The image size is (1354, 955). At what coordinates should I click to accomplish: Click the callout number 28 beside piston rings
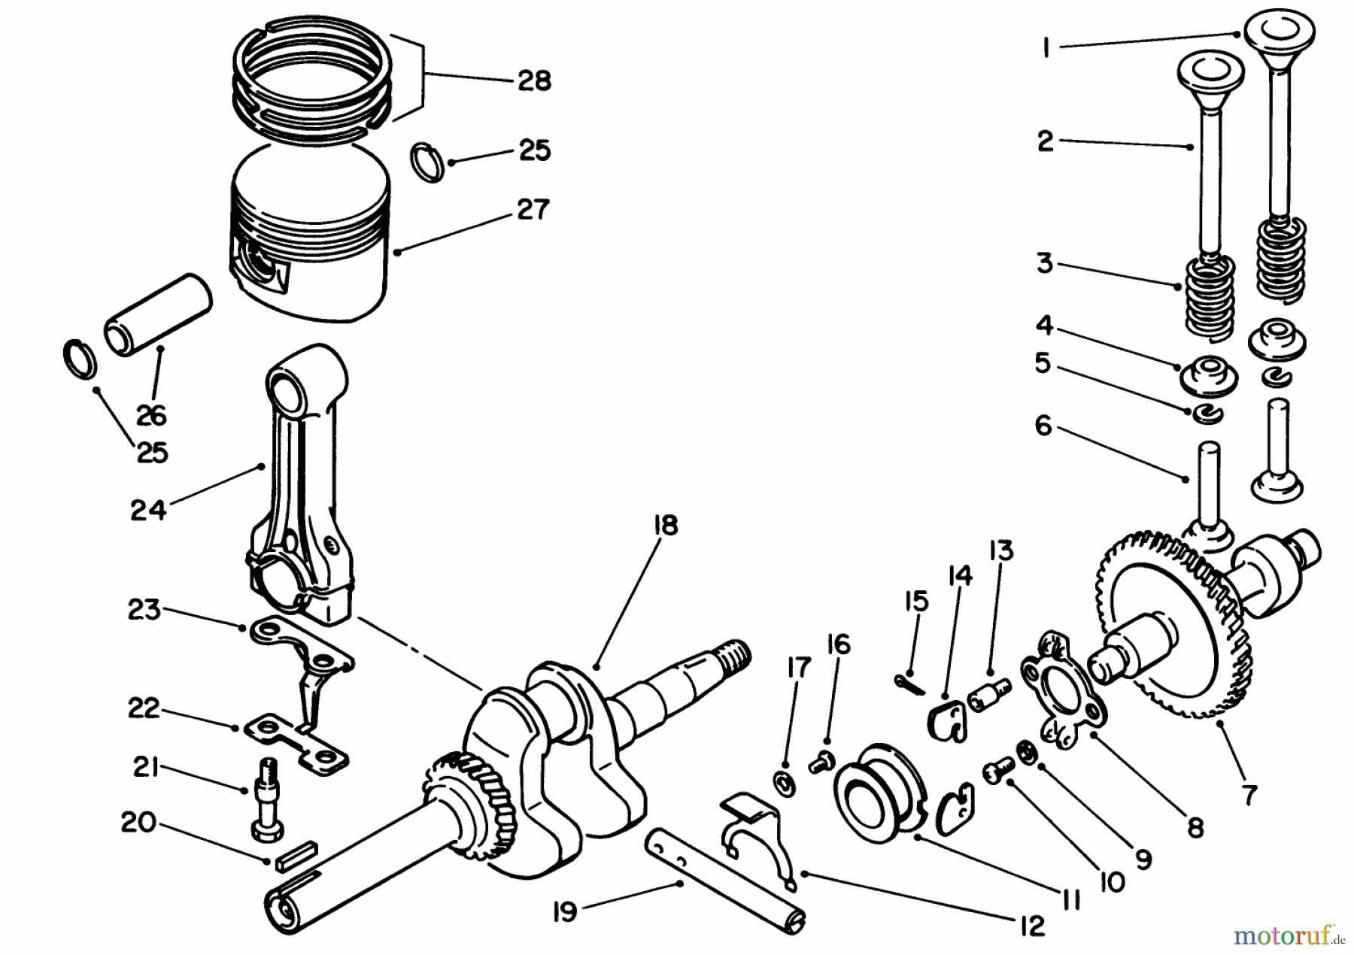pyautogui.click(x=534, y=80)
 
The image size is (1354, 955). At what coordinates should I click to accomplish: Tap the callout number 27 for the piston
pyautogui.click(x=533, y=209)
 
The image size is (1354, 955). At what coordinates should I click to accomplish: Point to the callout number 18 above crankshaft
pyautogui.click(x=666, y=525)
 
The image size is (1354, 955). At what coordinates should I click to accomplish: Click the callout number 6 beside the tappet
pyautogui.click(x=1043, y=426)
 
